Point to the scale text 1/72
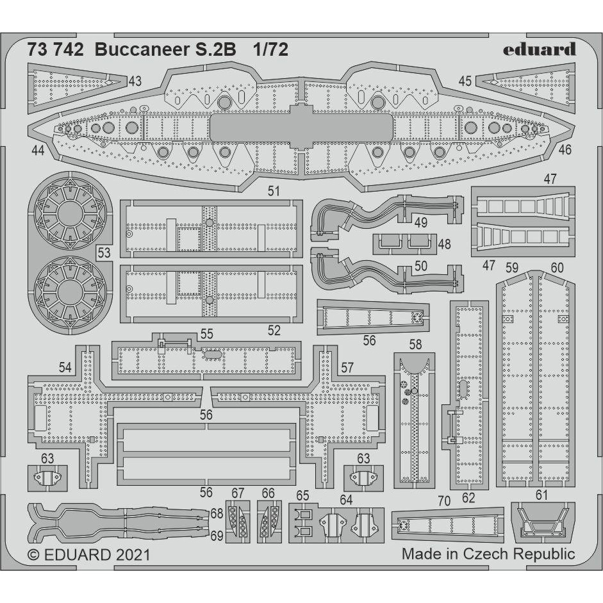point(270,51)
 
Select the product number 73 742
point(56,51)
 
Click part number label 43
point(135,81)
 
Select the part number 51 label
point(274,191)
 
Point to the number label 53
point(104,252)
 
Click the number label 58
point(415,345)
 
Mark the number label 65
point(302,495)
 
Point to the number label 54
point(65,368)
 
